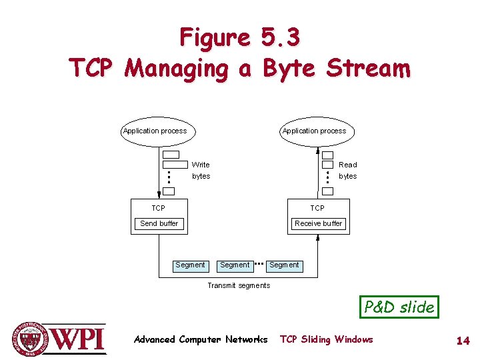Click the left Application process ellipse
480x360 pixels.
[155, 131]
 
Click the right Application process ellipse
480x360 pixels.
[314, 131]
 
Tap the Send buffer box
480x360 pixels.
[159, 223]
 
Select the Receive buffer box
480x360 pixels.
[319, 223]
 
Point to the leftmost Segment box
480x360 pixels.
[190, 265]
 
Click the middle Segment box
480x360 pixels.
[235, 265]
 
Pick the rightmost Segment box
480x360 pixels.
[284, 265]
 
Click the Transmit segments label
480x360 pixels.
[239, 285]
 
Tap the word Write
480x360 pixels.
[201, 165]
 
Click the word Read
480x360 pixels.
[347, 165]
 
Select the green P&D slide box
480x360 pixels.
[399, 307]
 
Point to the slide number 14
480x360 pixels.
[463, 341]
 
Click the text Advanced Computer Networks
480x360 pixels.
[201, 340]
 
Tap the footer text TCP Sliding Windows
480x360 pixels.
[327, 340]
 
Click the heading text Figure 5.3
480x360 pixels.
[240, 38]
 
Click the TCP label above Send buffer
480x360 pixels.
[158, 209]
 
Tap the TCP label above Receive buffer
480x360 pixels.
[317, 209]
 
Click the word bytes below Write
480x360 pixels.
[201, 177]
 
